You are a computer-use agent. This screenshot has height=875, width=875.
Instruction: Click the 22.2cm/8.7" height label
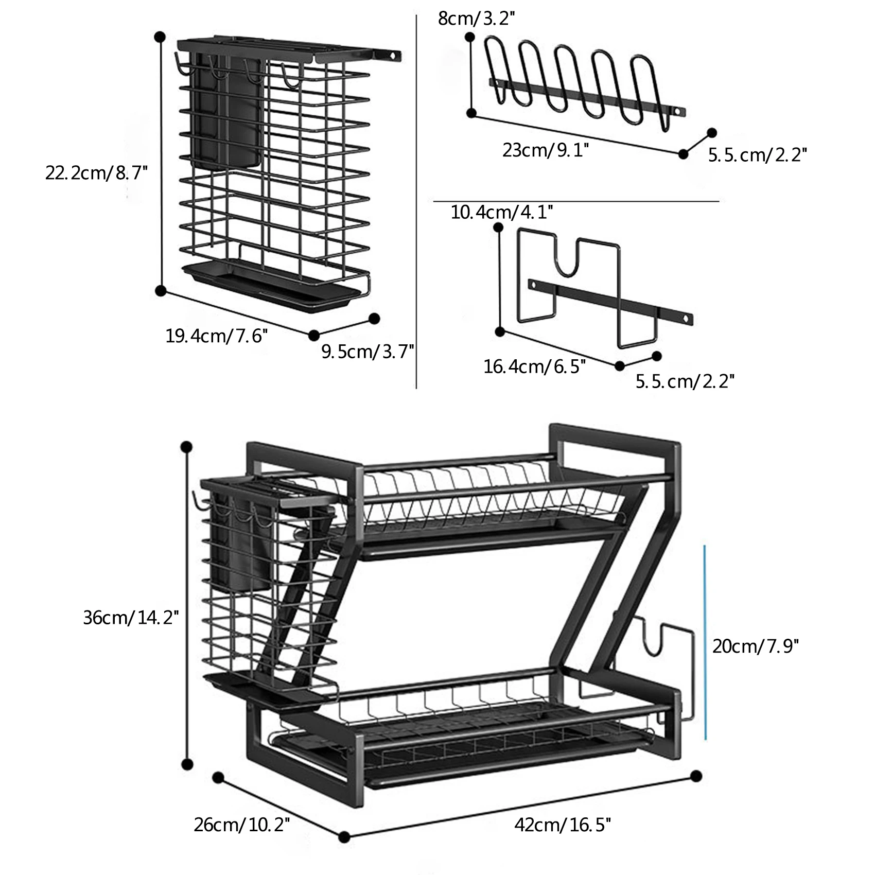click(96, 173)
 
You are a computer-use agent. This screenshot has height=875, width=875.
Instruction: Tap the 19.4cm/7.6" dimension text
click(217, 336)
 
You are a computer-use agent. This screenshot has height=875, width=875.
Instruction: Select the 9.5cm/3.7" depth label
click(367, 352)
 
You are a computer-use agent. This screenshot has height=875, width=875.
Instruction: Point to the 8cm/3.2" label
click(477, 19)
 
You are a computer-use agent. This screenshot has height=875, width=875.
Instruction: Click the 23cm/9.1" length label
click(546, 151)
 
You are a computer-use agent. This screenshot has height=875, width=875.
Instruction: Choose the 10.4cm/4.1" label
click(502, 212)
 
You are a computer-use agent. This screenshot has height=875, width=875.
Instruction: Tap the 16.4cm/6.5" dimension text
click(534, 366)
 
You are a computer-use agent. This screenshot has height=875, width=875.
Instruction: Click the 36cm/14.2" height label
click(131, 617)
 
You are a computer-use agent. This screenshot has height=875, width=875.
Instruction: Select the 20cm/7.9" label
click(755, 645)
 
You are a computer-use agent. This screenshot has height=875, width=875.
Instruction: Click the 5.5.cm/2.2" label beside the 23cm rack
click(757, 155)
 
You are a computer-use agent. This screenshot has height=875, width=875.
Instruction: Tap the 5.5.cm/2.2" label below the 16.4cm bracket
click(685, 381)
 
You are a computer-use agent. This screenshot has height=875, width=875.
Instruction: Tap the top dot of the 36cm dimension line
click(187, 447)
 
